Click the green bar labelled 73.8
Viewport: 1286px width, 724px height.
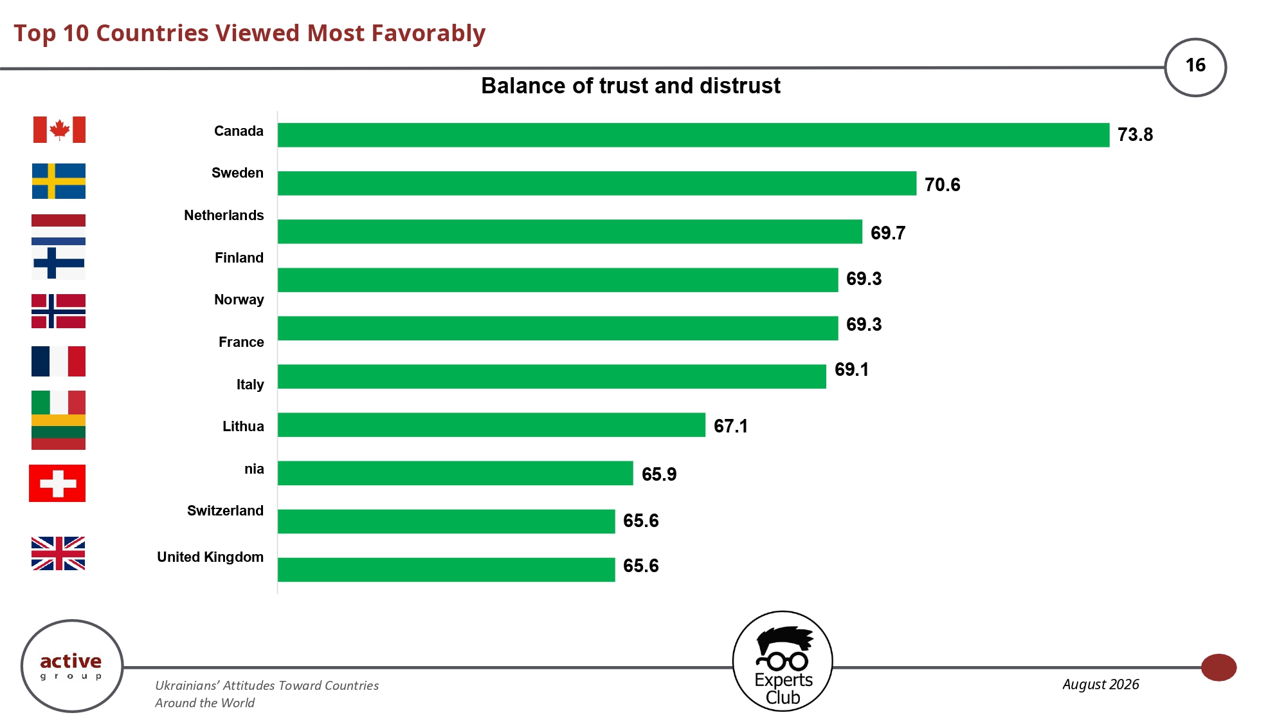693,135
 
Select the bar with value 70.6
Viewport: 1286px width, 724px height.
597,183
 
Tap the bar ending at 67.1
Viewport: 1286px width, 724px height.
491,425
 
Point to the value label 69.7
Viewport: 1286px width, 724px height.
888,233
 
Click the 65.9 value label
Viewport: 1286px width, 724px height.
659,474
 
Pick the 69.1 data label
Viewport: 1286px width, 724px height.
851,369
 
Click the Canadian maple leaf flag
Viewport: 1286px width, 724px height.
59,129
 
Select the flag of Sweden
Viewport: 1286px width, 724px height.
59,181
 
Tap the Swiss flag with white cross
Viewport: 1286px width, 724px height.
57,483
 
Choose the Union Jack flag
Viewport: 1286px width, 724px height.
59,553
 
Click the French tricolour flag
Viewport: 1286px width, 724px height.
59,361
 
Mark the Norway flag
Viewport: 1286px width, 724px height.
59,311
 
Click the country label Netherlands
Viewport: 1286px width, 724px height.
224,215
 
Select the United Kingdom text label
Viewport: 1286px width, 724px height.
210,557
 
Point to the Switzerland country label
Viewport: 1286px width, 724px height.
225,510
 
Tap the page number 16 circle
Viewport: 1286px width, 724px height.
1195,67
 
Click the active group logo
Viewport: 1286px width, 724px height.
72,666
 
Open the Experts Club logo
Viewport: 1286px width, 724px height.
783,661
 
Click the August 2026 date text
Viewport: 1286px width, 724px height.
1100,684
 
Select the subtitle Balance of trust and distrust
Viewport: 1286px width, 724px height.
631,86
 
